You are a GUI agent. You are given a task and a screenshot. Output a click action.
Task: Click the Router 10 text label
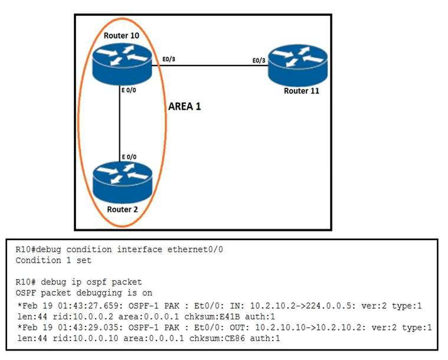122,35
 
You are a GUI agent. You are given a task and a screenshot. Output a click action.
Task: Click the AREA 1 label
185,107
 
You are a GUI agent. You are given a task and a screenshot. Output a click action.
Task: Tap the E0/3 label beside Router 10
169,59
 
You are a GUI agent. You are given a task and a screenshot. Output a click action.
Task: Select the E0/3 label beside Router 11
259,60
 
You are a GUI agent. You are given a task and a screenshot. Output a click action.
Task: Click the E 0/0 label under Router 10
129,90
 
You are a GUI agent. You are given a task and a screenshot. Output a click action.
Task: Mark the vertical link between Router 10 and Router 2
120,124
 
